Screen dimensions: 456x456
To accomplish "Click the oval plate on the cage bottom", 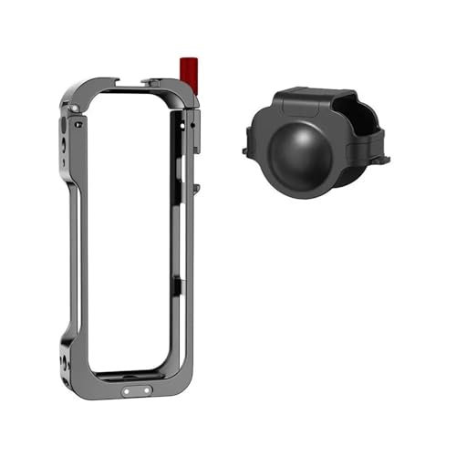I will [133, 393].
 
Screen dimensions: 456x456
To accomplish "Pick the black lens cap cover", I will [315, 137].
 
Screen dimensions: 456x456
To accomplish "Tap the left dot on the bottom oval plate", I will [126, 393].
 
